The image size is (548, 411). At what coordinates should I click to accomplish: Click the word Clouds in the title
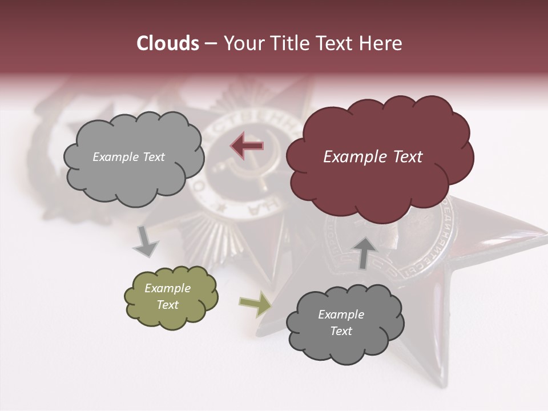click(x=168, y=43)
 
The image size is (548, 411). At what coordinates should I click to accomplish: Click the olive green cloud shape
click(x=171, y=297)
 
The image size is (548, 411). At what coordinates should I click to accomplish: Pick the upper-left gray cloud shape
click(x=134, y=157)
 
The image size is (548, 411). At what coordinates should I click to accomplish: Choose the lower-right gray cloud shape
click(x=344, y=323)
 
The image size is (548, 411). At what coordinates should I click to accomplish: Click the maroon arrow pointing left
click(x=247, y=146)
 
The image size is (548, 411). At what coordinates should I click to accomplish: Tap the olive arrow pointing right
click(x=255, y=305)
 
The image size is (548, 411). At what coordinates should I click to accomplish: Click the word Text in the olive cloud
click(x=167, y=305)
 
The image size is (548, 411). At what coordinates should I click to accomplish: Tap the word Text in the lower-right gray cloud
click(x=341, y=331)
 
